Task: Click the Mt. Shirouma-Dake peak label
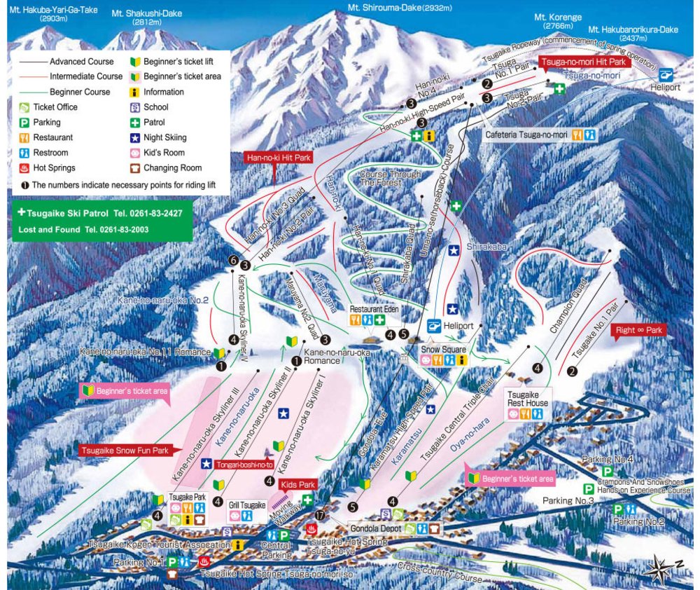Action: point(399,8)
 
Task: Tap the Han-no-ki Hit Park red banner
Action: point(278,158)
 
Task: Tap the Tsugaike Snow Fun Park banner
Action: point(125,451)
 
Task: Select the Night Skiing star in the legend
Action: point(135,137)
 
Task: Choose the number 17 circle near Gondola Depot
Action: point(320,516)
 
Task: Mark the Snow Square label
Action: point(444,348)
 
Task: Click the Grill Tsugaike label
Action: point(248,505)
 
